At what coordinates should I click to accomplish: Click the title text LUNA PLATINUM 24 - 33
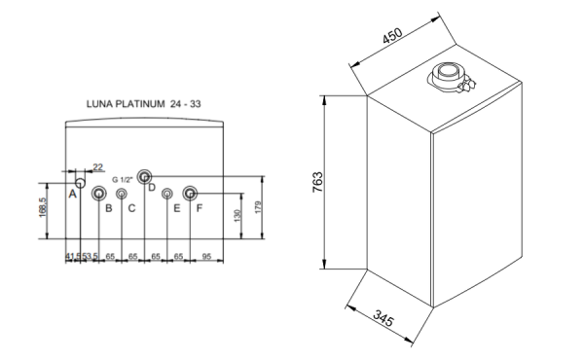(149, 102)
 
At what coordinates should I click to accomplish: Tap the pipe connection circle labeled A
(80, 183)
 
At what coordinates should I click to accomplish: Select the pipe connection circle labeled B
(99, 194)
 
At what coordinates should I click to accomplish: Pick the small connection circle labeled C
(122, 194)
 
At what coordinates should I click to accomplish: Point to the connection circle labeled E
(167, 194)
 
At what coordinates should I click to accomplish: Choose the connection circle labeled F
(190, 193)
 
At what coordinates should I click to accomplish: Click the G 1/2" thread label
(124, 180)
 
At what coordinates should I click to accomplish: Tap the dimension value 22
(97, 167)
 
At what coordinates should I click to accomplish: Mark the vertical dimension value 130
(238, 216)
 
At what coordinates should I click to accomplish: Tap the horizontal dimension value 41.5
(72, 255)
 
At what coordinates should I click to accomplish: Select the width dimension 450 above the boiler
(392, 38)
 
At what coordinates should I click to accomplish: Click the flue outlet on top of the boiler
(450, 76)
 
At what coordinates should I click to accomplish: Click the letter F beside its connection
(200, 207)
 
